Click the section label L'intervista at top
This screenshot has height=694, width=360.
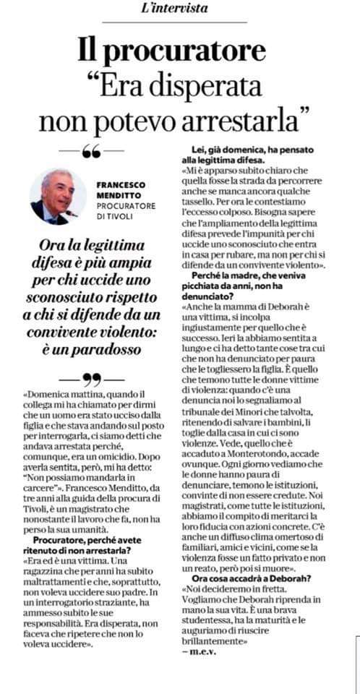point(181,9)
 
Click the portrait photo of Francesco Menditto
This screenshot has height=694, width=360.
point(58,197)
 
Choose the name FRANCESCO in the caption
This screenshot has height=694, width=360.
point(124,184)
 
